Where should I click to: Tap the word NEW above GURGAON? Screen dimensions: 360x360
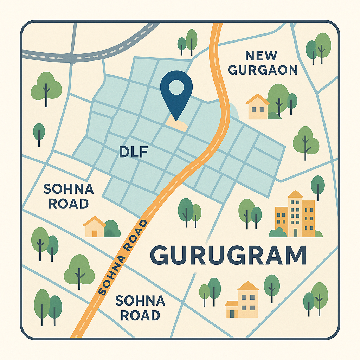[x=261, y=56]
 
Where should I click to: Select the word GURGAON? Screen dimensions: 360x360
[x=263, y=70]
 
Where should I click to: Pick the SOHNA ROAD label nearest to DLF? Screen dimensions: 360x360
[x=69, y=197]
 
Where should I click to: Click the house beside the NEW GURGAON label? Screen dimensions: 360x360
[x=258, y=108]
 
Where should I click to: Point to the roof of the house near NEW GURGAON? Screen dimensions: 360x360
[x=257, y=99]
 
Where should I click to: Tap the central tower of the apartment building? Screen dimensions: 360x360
[x=295, y=214]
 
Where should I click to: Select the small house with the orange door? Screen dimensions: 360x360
[x=94, y=227]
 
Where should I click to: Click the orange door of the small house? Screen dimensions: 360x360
[x=95, y=233]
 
